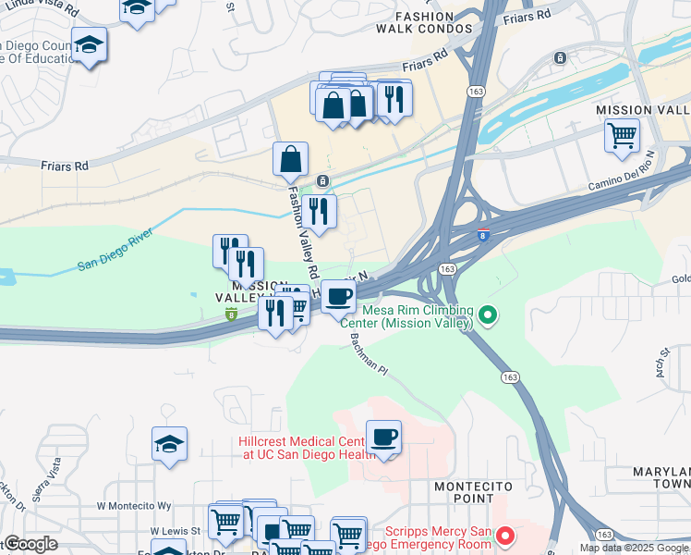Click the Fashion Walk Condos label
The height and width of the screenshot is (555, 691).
424,22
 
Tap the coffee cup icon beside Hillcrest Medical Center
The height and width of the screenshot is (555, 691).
383,437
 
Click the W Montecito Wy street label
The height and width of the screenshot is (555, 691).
135,506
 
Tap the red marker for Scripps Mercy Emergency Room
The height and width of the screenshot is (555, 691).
505,536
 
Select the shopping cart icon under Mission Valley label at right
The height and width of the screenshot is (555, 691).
622,135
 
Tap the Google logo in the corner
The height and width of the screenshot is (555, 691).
30,544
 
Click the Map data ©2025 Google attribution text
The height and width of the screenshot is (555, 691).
635,548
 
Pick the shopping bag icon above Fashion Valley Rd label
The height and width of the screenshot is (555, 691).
290,159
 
